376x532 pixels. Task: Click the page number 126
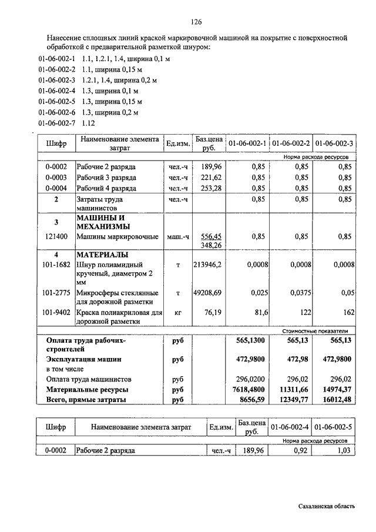tap(196, 22)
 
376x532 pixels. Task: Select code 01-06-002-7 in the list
tap(57, 123)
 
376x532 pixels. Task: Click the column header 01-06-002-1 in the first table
tap(247, 143)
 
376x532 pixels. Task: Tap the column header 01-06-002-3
tap(334, 143)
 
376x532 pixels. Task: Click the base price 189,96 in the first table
tap(210, 166)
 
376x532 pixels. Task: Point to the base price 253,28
tap(210, 188)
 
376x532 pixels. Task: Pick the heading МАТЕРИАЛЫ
tap(102, 255)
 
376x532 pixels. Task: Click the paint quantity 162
tap(345, 313)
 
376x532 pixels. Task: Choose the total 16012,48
tap(335, 400)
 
